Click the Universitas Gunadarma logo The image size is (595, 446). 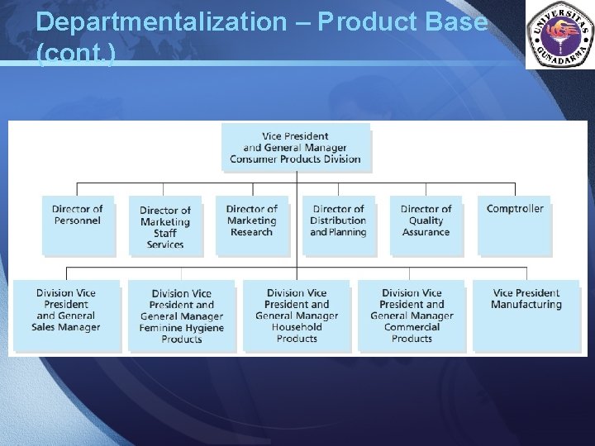pyautogui.click(x=559, y=36)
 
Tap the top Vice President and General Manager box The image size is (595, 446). pyautogui.click(x=296, y=147)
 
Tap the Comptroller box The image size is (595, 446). pyautogui.click(x=515, y=223)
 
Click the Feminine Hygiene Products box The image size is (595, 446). pyautogui.click(x=181, y=316)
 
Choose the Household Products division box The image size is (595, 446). pyautogui.click(x=297, y=315)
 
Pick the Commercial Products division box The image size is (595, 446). pyautogui.click(x=412, y=315)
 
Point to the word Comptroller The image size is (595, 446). pyautogui.click(x=515, y=209)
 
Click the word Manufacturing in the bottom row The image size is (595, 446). pyautogui.click(x=526, y=305)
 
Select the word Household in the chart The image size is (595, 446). pyautogui.click(x=297, y=327)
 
